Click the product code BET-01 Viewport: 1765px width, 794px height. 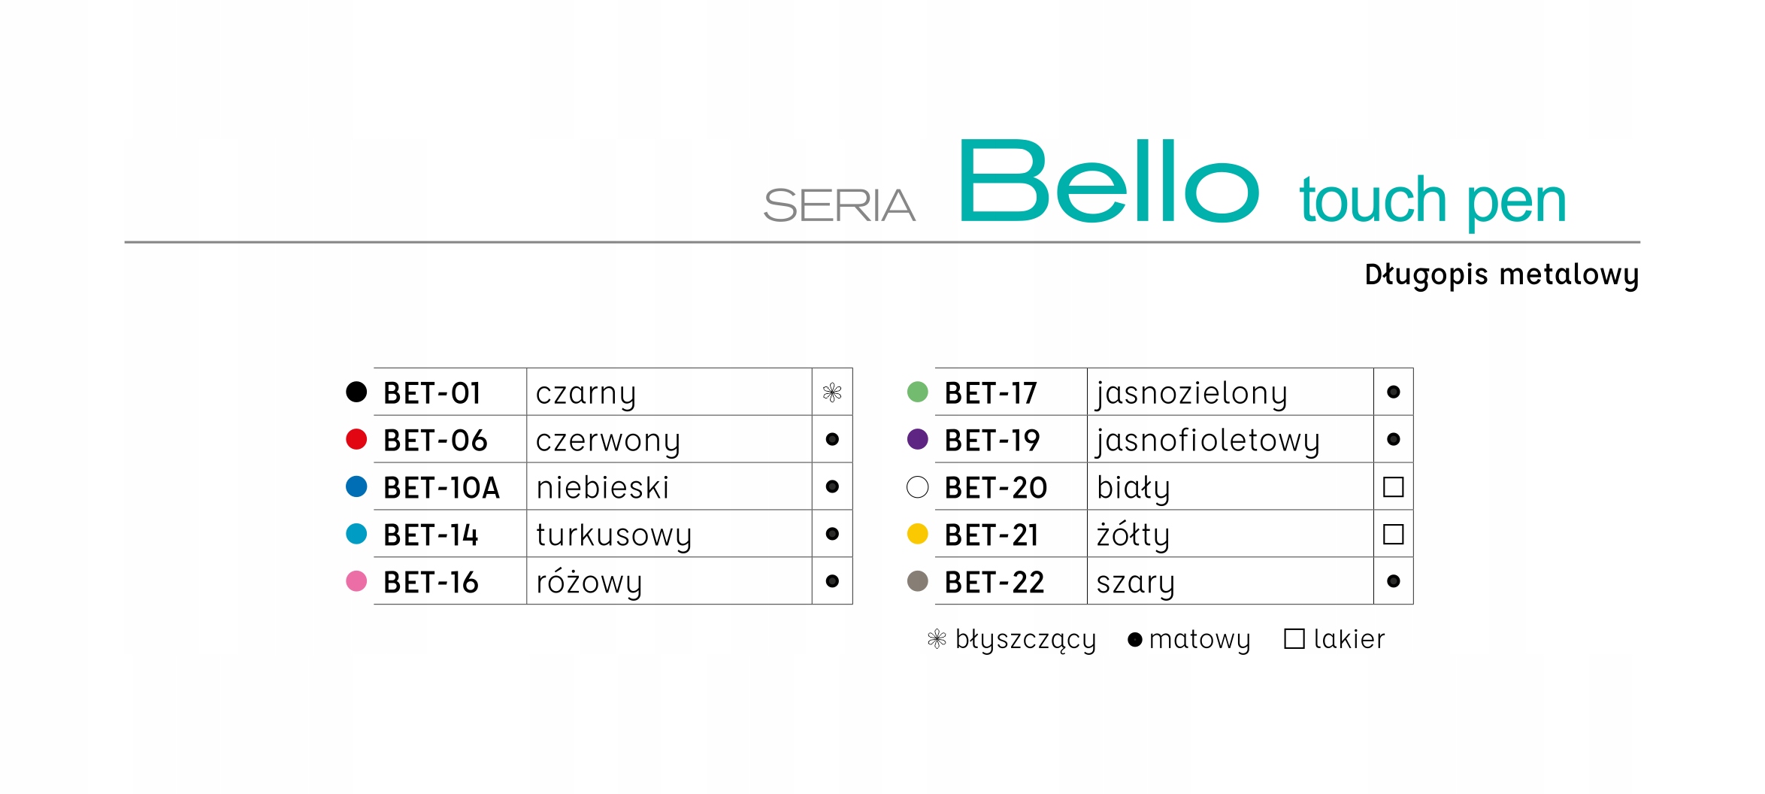431,393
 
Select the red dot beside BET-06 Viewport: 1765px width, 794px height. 356,439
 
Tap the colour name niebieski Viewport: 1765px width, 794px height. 602,487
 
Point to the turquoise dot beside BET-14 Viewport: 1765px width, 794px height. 356,534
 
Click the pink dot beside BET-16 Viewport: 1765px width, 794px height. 356,581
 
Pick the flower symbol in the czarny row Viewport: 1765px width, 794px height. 832,392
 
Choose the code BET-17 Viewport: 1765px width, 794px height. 991,393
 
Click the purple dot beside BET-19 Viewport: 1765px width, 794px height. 918,439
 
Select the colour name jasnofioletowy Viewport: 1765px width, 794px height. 1208,441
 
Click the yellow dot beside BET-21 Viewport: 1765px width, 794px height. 918,534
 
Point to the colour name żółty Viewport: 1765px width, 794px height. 1133,535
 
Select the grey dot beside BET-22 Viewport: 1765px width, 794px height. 918,581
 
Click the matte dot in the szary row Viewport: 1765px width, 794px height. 1394,581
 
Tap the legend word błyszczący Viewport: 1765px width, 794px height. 1025,640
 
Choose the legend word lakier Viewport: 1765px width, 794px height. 1349,639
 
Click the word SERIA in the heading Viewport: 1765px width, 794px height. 839,205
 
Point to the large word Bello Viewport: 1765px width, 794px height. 1109,181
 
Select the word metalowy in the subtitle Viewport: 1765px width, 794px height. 1569,275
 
